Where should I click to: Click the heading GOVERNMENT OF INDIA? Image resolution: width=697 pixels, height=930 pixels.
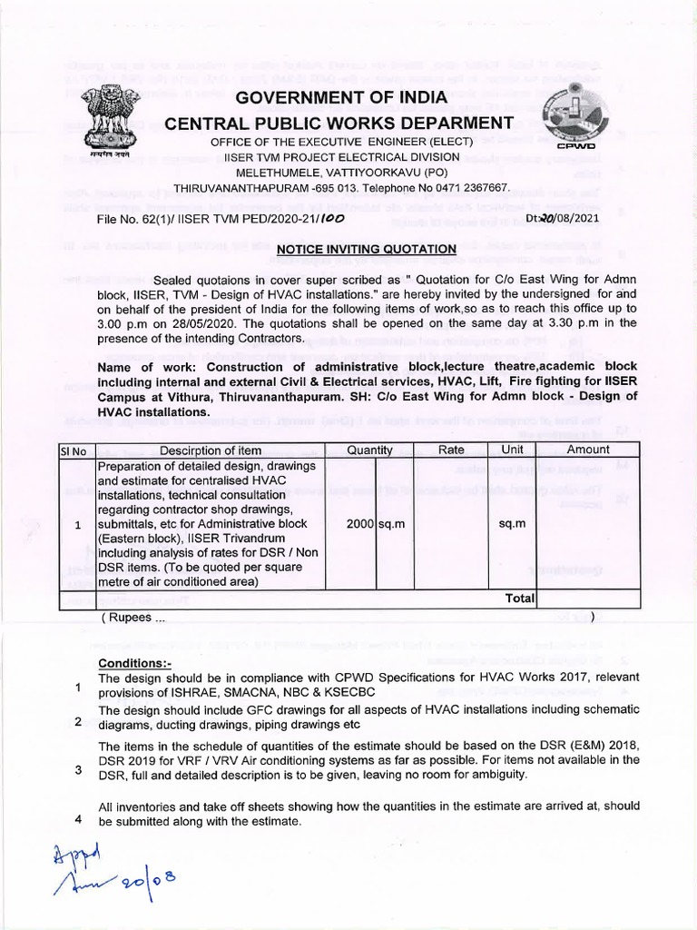click(x=341, y=97)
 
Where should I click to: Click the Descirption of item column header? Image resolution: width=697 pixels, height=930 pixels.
click(x=210, y=450)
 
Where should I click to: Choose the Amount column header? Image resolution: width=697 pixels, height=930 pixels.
click(x=588, y=450)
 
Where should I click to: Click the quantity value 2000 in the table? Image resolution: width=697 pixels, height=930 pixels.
click(x=360, y=525)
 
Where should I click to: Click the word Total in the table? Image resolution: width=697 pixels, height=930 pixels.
click(x=520, y=599)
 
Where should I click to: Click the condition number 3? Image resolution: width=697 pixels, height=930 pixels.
click(x=78, y=771)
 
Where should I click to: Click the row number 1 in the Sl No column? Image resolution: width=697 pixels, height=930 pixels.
click(x=78, y=525)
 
